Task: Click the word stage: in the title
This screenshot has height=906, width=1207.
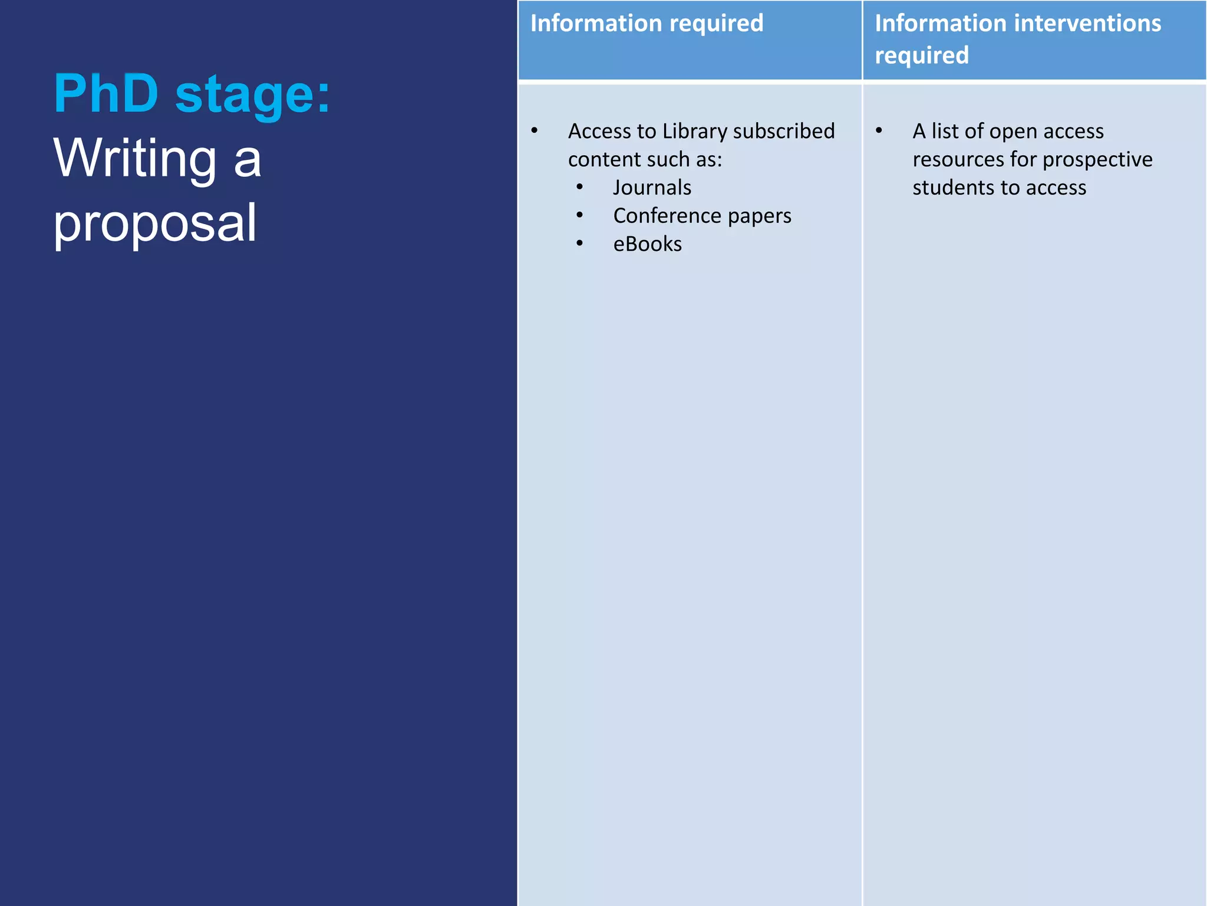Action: point(252,96)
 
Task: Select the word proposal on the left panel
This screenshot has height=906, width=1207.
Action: point(155,224)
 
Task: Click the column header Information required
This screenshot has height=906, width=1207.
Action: point(647,24)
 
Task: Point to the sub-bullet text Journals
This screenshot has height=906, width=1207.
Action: point(652,188)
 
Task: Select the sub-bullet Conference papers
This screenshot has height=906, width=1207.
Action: point(702,216)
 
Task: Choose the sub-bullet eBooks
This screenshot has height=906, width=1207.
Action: point(647,244)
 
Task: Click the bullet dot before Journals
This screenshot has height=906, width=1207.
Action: point(580,187)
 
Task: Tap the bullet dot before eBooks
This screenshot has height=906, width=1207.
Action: point(580,243)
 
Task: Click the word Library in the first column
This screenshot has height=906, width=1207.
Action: point(694,131)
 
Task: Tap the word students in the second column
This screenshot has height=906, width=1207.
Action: point(949,188)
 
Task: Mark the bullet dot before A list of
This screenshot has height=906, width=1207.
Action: point(879,130)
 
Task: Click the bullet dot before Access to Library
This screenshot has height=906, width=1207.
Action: point(535,130)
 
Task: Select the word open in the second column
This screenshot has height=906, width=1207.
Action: point(1013,132)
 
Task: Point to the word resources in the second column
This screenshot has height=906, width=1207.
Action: point(958,159)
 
